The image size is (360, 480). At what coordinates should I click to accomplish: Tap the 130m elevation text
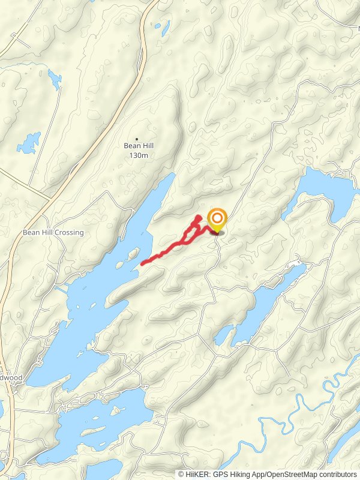pos(137,155)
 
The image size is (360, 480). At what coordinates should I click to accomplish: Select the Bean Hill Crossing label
pos(53,232)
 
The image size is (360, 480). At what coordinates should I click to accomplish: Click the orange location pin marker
pos(217,219)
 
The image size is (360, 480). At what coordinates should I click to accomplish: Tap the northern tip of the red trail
pos(199,217)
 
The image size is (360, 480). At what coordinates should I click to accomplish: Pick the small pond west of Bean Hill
pos(28,143)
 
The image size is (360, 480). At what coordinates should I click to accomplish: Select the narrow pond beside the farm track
pos(55,79)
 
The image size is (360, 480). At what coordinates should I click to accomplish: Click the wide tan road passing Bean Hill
pos(96,144)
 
